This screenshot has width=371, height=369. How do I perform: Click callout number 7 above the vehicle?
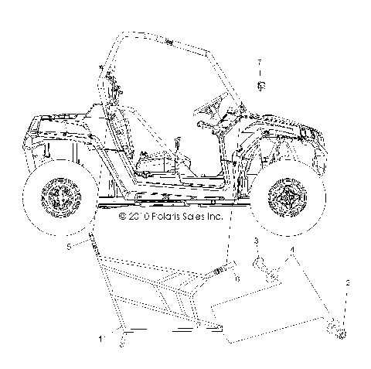(260, 62)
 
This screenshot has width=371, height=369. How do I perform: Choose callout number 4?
(293, 251)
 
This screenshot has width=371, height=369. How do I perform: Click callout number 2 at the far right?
(347, 284)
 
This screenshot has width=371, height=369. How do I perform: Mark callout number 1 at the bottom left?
(100, 338)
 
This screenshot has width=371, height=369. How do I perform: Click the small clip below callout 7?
(260, 84)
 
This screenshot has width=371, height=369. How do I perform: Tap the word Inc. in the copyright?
(213, 217)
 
